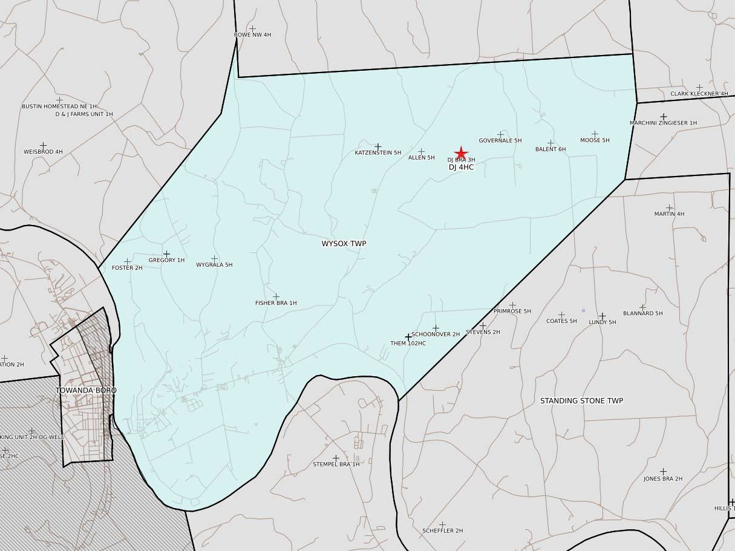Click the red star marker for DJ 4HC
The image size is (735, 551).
[x=461, y=153]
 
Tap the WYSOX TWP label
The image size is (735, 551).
[x=344, y=244]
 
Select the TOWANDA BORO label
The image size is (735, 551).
[x=86, y=391]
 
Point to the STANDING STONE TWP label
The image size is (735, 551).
[x=581, y=401]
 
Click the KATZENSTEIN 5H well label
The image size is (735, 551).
[x=378, y=153]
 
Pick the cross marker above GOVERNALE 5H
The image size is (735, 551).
[x=500, y=134]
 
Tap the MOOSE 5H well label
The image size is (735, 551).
[x=595, y=140]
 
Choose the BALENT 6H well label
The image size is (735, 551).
[x=550, y=149]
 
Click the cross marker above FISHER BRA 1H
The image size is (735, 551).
[x=276, y=297]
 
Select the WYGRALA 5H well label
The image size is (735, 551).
[x=214, y=265]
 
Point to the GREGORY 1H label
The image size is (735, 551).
[x=166, y=261]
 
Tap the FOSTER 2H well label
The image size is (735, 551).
[x=127, y=268]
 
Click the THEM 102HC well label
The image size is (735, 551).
[x=408, y=344]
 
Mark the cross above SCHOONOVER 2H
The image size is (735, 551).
[x=436, y=328]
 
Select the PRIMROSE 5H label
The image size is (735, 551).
[x=512, y=311]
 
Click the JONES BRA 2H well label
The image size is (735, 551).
[x=663, y=479]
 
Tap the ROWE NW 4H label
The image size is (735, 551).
[x=252, y=35]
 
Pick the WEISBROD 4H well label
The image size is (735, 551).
[x=43, y=152]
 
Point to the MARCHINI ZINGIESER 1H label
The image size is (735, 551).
[x=663, y=123]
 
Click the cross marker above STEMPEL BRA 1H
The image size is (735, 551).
[x=336, y=458]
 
